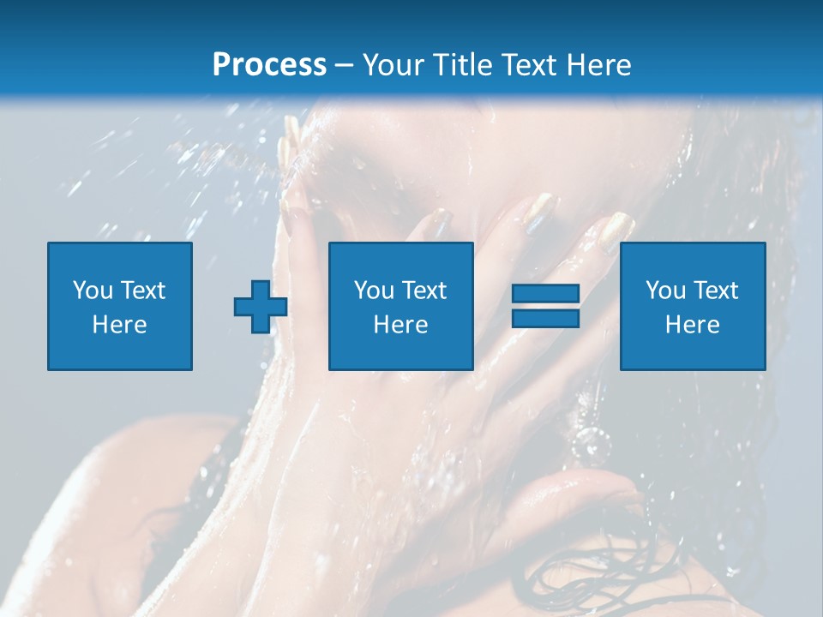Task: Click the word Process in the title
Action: point(269,65)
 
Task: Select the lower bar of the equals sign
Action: point(545,319)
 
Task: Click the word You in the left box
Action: point(93,291)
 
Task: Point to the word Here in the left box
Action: point(119,325)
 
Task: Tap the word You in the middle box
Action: point(374,291)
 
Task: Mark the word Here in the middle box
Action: point(400,325)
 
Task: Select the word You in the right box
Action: point(665,291)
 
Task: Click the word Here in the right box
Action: point(692,325)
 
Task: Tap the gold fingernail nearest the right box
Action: point(616,230)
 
